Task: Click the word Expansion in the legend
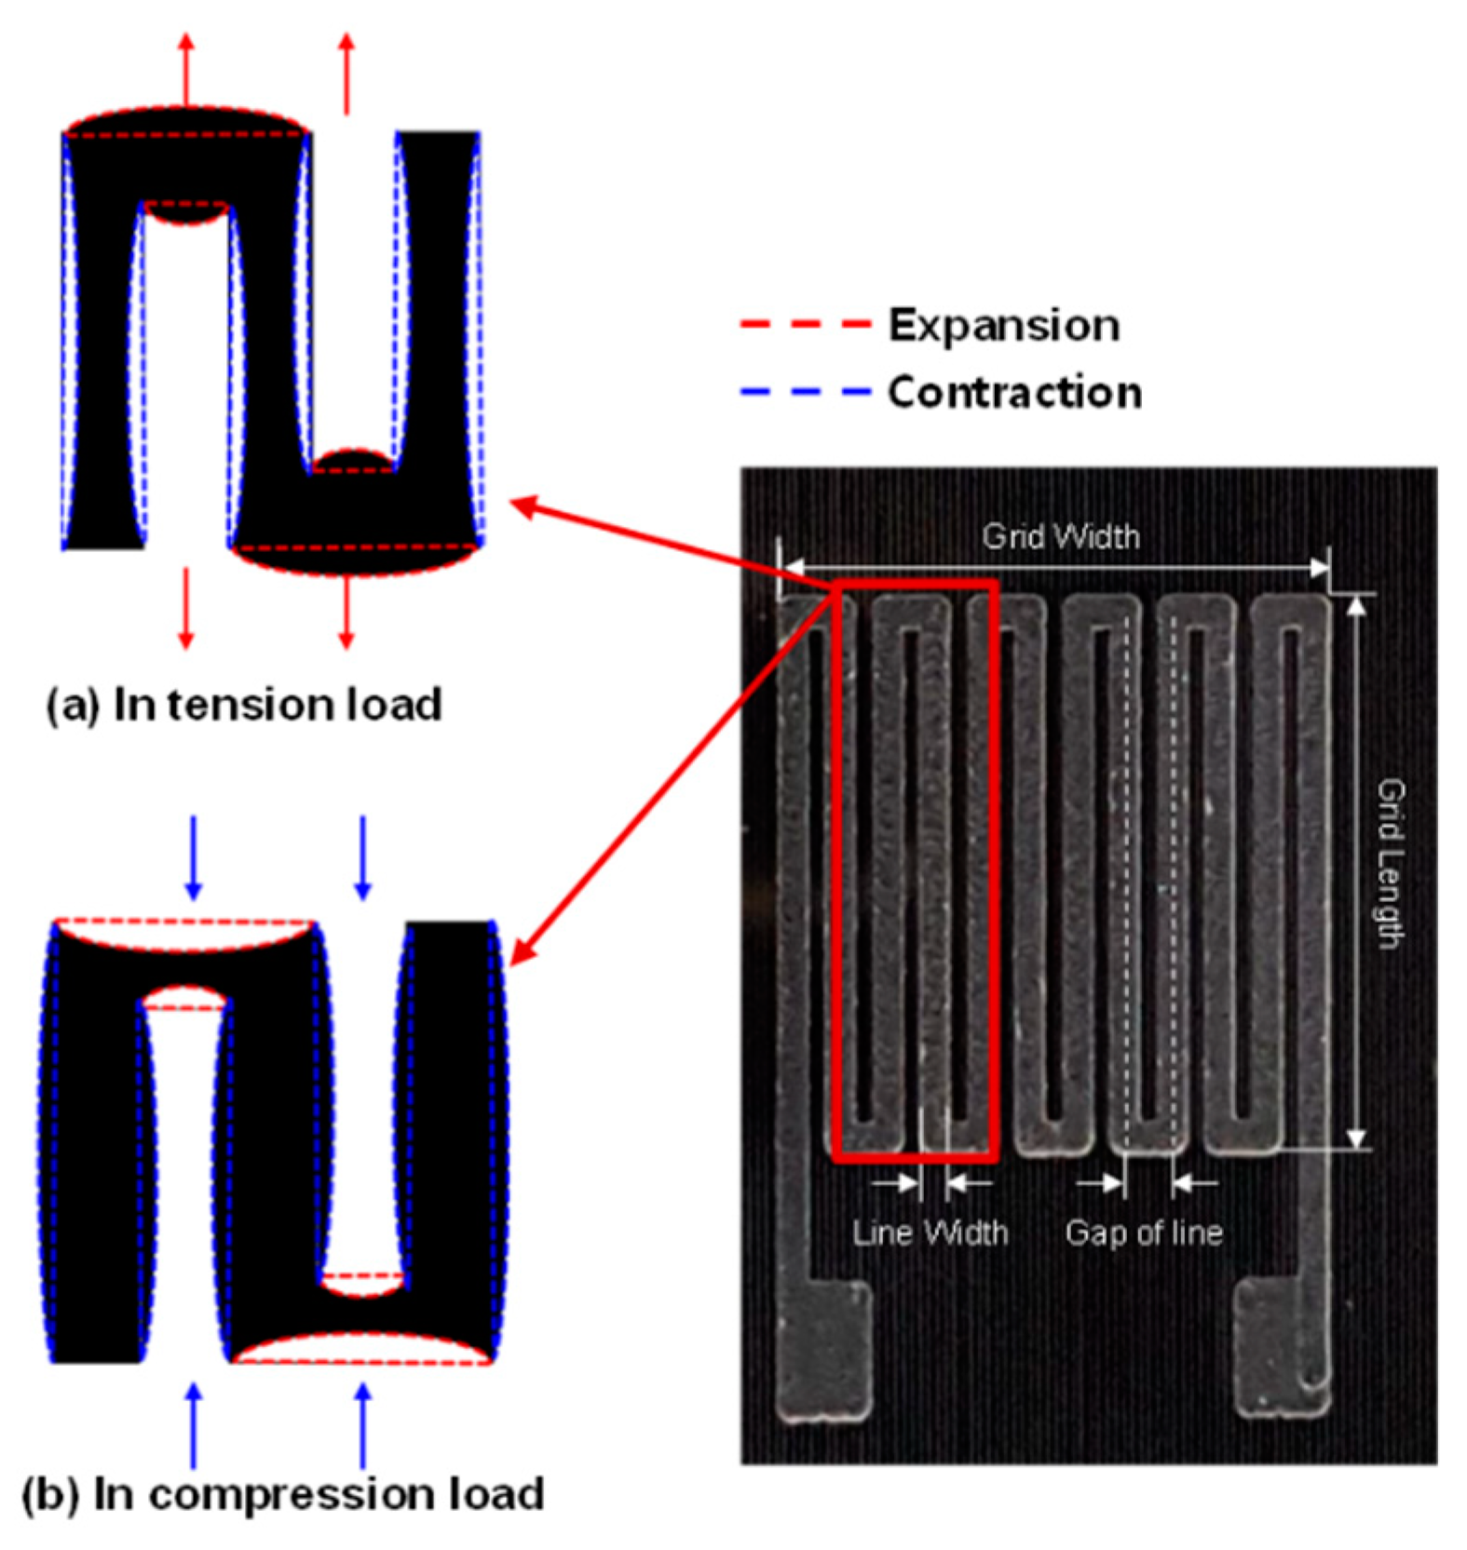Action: pos(1003,326)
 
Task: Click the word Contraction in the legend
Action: pos(1014,392)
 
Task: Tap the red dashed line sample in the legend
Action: pos(805,326)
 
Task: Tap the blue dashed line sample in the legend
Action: pos(805,392)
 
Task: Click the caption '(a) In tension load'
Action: pos(244,705)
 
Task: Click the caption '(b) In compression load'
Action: pos(282,1494)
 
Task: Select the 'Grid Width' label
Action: pos(1061,536)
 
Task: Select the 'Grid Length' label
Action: pos(1391,863)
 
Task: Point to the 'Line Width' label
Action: pos(930,1233)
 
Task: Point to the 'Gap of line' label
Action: pos(1144,1233)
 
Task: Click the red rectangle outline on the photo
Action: pos(995,866)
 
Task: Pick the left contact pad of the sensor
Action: pos(824,1351)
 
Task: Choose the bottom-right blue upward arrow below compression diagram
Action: pos(363,1424)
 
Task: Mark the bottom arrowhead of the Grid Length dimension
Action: pos(1357,1138)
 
